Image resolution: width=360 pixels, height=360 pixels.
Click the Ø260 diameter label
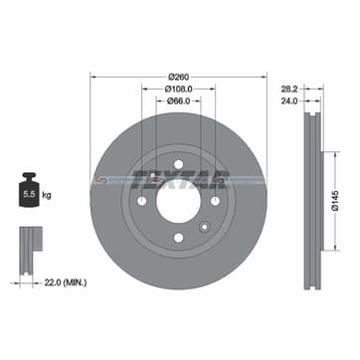tap(179, 76)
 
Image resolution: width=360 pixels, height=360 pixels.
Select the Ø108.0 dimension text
tap(179, 88)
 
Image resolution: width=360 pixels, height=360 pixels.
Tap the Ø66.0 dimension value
tap(179, 100)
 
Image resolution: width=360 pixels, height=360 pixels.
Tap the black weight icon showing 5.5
tap(30, 194)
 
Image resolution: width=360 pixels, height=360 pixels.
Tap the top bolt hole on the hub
tap(177, 164)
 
